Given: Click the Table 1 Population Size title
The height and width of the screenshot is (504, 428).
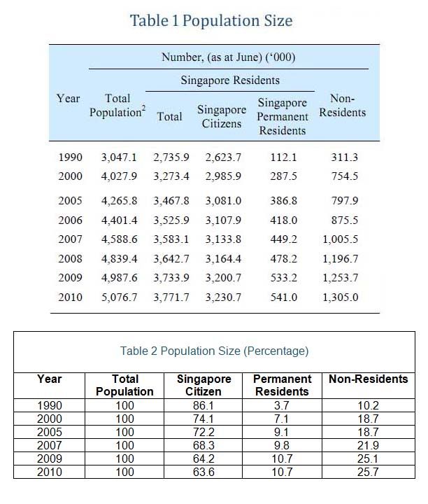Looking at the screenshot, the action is (211, 20).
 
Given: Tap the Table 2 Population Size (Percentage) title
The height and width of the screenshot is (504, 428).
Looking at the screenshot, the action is (214, 351).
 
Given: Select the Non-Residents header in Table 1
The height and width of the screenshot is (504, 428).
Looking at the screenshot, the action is (342, 105).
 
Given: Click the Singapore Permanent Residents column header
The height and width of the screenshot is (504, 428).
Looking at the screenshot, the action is (283, 116).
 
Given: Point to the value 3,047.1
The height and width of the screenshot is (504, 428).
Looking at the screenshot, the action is (119, 157).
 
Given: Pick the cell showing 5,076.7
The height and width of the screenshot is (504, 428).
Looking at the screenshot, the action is (120, 297).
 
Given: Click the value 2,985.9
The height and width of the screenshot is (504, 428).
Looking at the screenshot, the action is (223, 176).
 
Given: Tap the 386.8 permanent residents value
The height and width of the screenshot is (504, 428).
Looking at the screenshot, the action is (283, 201).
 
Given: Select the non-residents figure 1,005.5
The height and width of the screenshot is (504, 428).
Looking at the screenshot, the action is (341, 239).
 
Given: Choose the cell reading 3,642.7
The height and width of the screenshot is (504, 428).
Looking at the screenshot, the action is (171, 259).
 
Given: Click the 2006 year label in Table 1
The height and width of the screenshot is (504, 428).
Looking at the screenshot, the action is (71, 220).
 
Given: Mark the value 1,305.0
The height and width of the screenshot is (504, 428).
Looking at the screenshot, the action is (341, 297).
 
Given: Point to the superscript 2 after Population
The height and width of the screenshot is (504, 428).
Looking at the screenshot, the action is (143, 107).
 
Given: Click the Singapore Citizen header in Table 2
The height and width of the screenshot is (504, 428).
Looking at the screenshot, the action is (204, 385).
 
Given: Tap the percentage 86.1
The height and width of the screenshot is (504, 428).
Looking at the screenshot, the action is (204, 405).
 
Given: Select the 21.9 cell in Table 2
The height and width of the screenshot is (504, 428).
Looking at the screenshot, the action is (369, 445).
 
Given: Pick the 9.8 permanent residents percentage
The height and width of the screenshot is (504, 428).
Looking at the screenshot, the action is (282, 445).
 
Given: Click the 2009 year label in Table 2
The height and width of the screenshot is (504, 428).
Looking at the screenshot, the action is (50, 458).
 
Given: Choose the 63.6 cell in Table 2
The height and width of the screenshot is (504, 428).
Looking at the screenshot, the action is (204, 472).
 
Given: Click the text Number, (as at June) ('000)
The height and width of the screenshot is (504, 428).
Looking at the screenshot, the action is (228, 57).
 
